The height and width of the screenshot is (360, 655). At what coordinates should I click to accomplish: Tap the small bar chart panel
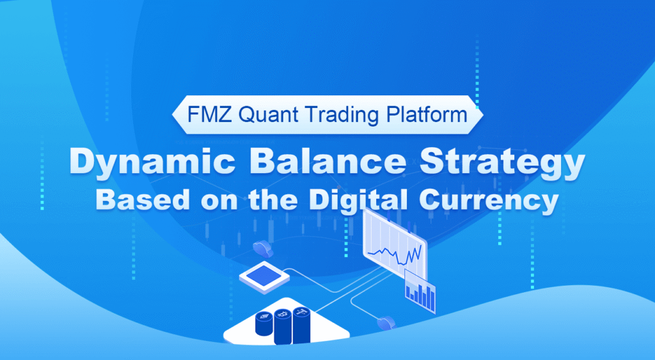pyautogui.click(x=420, y=291)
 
